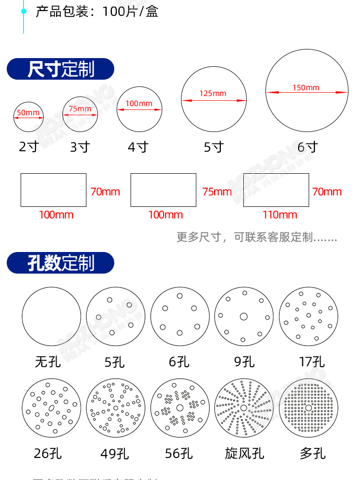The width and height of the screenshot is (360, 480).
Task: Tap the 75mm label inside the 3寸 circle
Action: point(80,109)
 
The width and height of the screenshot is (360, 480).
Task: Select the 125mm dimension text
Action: point(213,94)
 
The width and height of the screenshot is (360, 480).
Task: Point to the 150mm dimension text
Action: point(306,87)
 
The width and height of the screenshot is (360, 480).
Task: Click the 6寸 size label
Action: point(308,147)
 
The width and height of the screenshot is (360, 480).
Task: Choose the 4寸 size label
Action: point(138,147)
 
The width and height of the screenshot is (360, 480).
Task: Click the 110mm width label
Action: point(280,215)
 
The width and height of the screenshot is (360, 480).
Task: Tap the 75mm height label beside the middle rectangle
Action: point(217,192)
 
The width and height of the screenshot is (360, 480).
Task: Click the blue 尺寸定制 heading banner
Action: point(60,69)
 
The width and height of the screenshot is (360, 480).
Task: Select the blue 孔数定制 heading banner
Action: point(60,263)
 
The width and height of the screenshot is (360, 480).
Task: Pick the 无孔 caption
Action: point(48,361)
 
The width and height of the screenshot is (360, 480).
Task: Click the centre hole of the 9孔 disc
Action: point(243,316)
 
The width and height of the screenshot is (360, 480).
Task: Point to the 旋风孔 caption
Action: point(244,453)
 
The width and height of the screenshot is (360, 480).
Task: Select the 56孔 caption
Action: point(179,453)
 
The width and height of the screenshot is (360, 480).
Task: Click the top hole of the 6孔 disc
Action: point(180,296)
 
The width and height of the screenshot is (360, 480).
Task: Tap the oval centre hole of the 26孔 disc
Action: point(50,408)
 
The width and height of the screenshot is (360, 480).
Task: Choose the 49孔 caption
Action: point(115,453)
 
